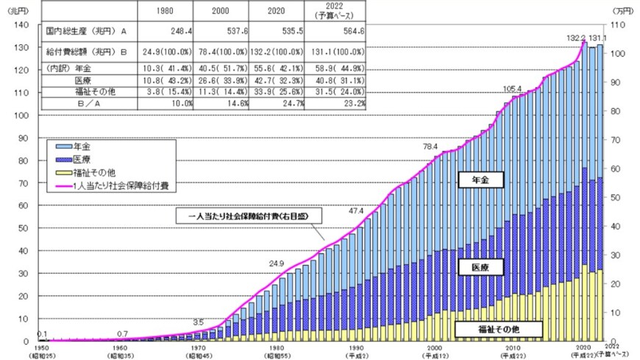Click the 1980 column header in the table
(166, 13)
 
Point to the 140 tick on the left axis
(21, 25)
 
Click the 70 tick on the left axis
(23, 183)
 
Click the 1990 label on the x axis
(355, 347)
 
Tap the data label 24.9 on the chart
(277, 262)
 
